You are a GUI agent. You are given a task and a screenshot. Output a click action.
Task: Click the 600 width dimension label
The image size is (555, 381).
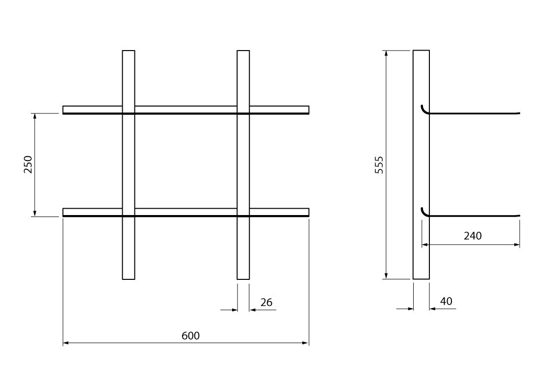pyautogui.click(x=190, y=336)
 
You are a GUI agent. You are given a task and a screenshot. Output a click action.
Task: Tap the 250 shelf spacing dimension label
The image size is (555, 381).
pyautogui.click(x=28, y=164)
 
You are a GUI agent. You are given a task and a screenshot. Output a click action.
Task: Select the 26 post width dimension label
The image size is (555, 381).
pyautogui.click(x=266, y=302)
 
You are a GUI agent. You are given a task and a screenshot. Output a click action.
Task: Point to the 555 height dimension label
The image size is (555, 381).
pyautogui.click(x=379, y=164)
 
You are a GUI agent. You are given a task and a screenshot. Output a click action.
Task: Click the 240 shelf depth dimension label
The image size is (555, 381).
pyautogui.click(x=473, y=236)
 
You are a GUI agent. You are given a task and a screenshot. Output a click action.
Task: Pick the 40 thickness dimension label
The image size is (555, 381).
pyautogui.click(x=446, y=301)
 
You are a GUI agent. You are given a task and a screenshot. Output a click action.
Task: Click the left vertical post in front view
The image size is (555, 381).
pyautogui.click(x=129, y=164)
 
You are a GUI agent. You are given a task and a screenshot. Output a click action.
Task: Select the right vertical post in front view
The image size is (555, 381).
pyautogui.click(x=243, y=164)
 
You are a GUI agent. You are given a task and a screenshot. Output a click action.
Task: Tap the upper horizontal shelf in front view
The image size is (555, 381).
pyautogui.click(x=186, y=110)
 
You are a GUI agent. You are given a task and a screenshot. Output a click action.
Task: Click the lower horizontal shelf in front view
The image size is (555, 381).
pyautogui.click(x=186, y=212)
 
